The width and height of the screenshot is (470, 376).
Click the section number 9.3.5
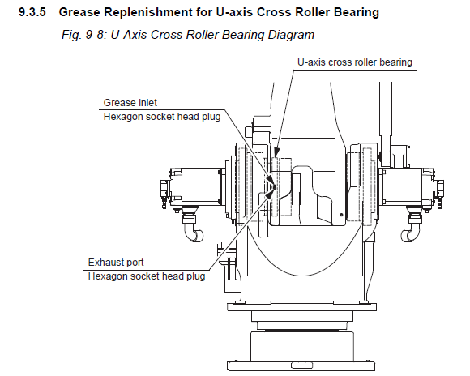(x=32, y=12)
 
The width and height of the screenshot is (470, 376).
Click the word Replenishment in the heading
(x=143, y=13)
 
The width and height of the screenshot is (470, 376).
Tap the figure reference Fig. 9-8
(x=82, y=35)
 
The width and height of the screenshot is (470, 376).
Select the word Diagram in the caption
(x=291, y=35)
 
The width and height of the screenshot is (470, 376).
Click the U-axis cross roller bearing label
(x=355, y=62)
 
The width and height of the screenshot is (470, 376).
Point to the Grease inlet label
(x=130, y=103)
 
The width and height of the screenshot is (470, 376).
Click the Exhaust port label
(x=116, y=263)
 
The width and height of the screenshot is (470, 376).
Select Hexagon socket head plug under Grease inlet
(x=162, y=117)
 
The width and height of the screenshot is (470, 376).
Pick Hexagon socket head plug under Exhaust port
(x=147, y=276)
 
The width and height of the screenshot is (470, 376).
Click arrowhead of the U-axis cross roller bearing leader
(x=276, y=152)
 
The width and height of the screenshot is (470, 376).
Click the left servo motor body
(x=202, y=186)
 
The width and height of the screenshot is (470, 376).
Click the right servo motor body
(x=401, y=186)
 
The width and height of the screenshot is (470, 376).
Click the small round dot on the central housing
(x=341, y=215)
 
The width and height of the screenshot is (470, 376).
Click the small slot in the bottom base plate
(x=301, y=365)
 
